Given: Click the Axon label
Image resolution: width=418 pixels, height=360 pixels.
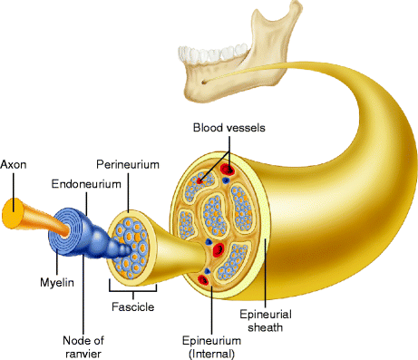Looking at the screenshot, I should pyautogui.click(x=15, y=165).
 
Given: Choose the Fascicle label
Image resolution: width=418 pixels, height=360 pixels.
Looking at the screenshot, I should pyautogui.click(x=131, y=306).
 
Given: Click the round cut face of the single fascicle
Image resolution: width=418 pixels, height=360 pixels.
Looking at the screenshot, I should pyautogui.click(x=131, y=244).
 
